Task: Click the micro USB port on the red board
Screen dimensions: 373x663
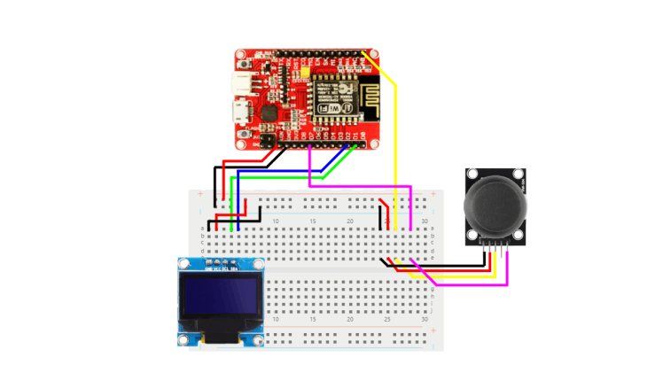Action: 239,112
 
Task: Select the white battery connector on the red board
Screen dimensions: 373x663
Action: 241,83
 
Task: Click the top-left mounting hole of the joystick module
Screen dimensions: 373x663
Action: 473,175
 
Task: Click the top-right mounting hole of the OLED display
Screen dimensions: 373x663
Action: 259,264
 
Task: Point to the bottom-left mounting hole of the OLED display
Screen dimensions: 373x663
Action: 183,340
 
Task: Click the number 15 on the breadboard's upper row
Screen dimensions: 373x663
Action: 313,220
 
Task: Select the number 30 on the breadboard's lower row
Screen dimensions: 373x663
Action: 425,319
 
